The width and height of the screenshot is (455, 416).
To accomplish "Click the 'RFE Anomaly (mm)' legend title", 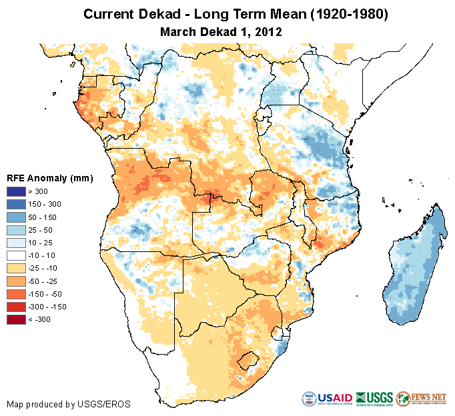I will (x=49, y=178).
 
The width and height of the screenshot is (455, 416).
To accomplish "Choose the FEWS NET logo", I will (x=420, y=399).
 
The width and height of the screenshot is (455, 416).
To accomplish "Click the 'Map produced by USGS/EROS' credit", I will (x=69, y=405).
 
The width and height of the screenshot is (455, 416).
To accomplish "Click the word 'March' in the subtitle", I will (x=179, y=31).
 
